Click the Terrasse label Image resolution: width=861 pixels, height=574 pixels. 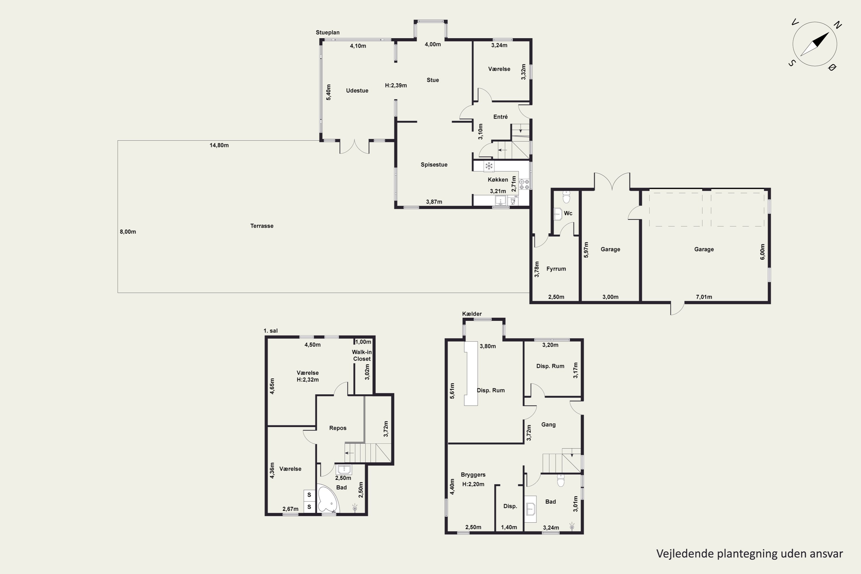click(x=262, y=226)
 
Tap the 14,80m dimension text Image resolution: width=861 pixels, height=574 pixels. click(x=219, y=145)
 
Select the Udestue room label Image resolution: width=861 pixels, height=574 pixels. click(x=357, y=90)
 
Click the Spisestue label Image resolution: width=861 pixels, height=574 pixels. click(x=434, y=165)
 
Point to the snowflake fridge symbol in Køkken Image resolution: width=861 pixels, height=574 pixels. click(x=489, y=166)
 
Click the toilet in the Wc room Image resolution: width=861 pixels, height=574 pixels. click(x=566, y=197)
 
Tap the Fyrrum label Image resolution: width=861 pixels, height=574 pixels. click(x=556, y=269)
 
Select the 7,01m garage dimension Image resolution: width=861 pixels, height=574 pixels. click(x=704, y=297)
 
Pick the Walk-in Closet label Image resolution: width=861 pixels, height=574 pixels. click(x=362, y=356)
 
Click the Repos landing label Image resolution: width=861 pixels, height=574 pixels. click(x=338, y=428)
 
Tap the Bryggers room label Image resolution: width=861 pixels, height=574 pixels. click(x=473, y=475)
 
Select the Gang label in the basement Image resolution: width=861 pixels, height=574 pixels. click(x=548, y=425)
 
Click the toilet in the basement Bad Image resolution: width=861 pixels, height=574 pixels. click(x=561, y=480)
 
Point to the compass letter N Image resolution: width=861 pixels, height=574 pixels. click(x=837, y=25)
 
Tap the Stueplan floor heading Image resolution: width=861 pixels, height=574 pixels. click(x=328, y=33)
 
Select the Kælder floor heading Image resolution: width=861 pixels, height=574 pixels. click(x=472, y=314)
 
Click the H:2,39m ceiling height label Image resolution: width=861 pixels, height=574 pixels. click(x=396, y=85)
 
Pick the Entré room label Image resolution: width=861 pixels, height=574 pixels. click(x=501, y=117)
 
